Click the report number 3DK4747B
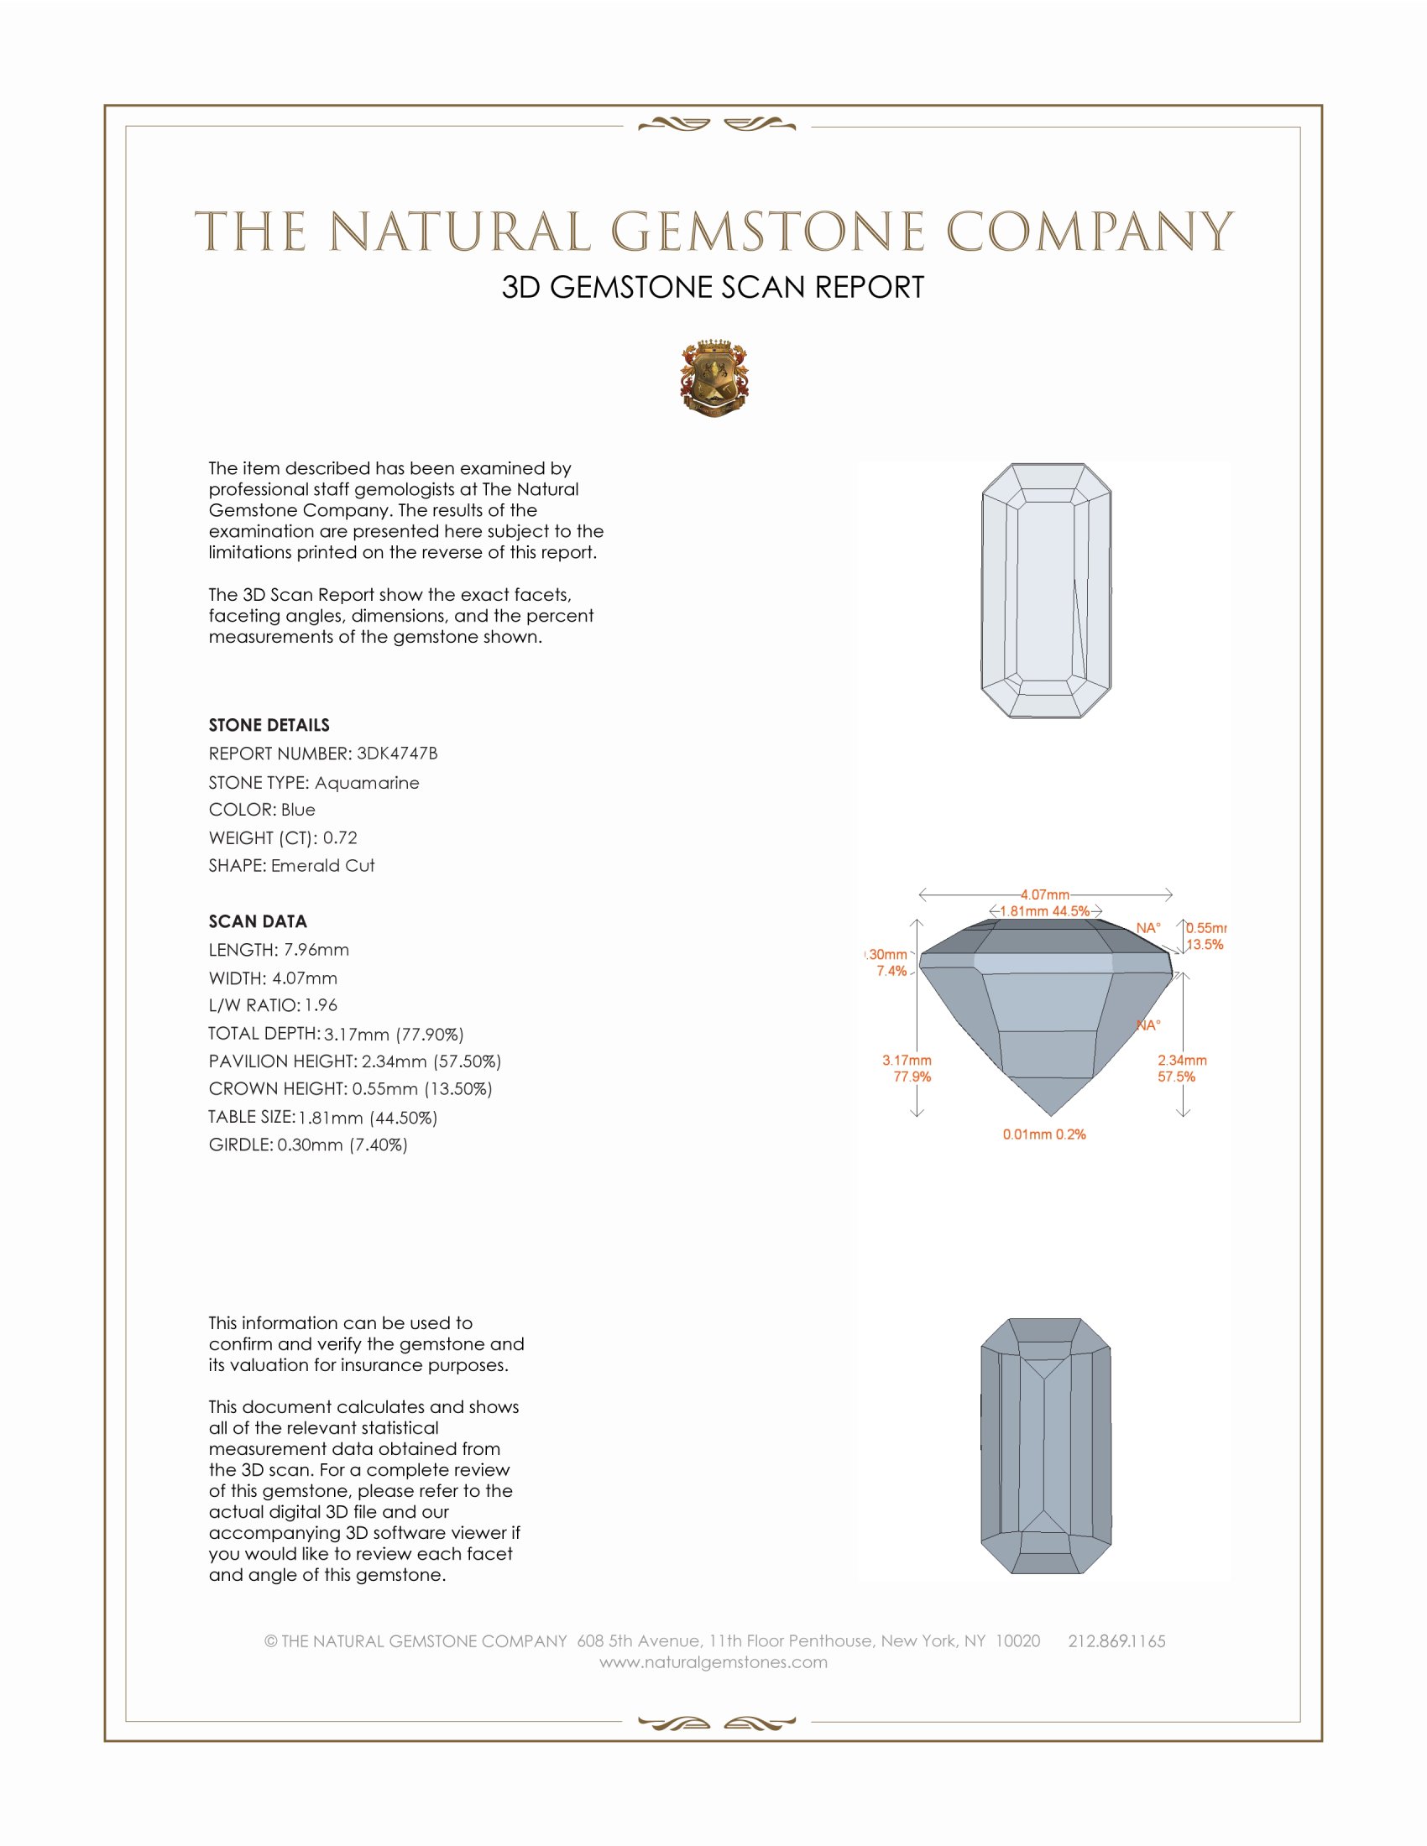(396, 754)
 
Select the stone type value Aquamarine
(366, 783)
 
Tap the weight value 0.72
(340, 837)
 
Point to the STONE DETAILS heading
(269, 725)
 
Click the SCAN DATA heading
(258, 921)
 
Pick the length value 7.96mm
(316, 950)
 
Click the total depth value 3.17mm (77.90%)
(394, 1034)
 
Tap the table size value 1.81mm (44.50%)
(368, 1118)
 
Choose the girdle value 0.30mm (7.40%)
(342, 1145)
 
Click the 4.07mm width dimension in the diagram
(1045, 894)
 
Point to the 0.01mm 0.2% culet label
(1044, 1134)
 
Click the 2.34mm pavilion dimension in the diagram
(1182, 1060)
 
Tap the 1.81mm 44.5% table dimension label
(1045, 911)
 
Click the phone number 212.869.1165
(1116, 1641)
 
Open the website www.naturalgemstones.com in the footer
(713, 1662)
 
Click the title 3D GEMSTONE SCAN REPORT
(713, 287)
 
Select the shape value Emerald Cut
(323, 866)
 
